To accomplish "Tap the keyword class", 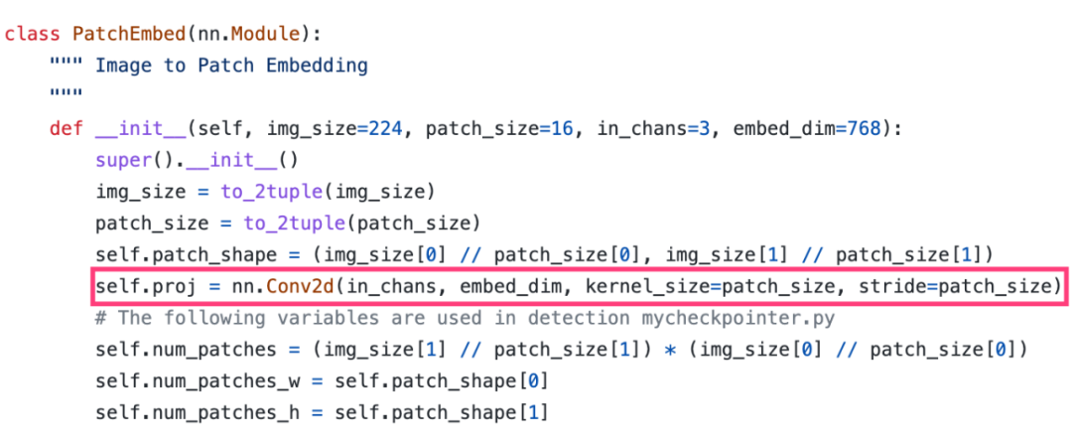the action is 32,33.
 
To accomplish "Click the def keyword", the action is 65,129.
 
